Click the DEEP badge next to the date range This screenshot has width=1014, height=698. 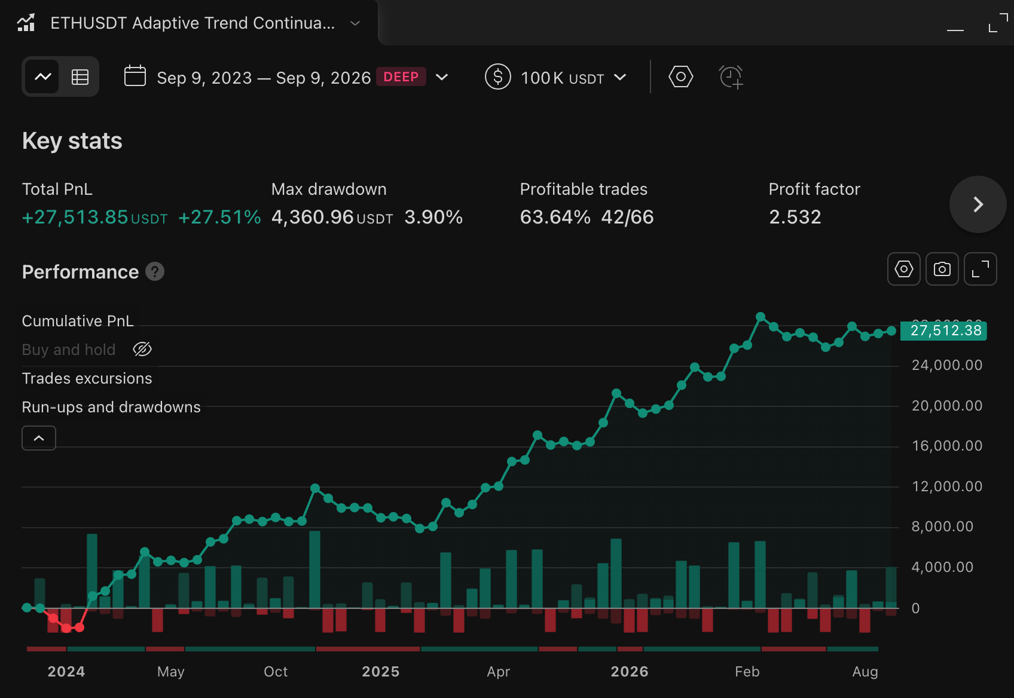pyautogui.click(x=401, y=77)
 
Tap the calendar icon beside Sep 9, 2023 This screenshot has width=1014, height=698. pyautogui.click(x=135, y=76)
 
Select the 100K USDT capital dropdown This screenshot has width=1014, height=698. pyautogui.click(x=556, y=77)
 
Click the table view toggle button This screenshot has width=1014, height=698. pyautogui.click(x=80, y=77)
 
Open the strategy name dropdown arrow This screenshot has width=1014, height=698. pyautogui.click(x=355, y=23)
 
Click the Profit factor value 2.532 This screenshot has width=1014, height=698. pyautogui.click(x=795, y=217)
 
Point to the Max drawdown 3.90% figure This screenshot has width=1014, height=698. pyautogui.click(x=433, y=217)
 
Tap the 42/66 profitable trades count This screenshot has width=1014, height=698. pyautogui.click(x=627, y=217)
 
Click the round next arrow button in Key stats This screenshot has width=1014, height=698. pyautogui.click(x=978, y=204)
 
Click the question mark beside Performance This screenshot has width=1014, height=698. pyautogui.click(x=155, y=272)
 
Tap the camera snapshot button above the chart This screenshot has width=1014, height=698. pyautogui.click(x=942, y=269)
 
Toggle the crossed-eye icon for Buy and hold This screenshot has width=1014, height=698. pyautogui.click(x=142, y=349)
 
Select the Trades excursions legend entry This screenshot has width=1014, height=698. pyautogui.click(x=87, y=379)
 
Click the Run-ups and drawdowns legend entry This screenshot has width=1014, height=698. pyautogui.click(x=111, y=407)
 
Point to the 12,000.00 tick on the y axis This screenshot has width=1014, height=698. pyautogui.click(x=947, y=486)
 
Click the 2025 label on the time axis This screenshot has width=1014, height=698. pyautogui.click(x=381, y=672)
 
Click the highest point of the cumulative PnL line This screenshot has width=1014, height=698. pyautogui.click(x=760, y=317)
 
